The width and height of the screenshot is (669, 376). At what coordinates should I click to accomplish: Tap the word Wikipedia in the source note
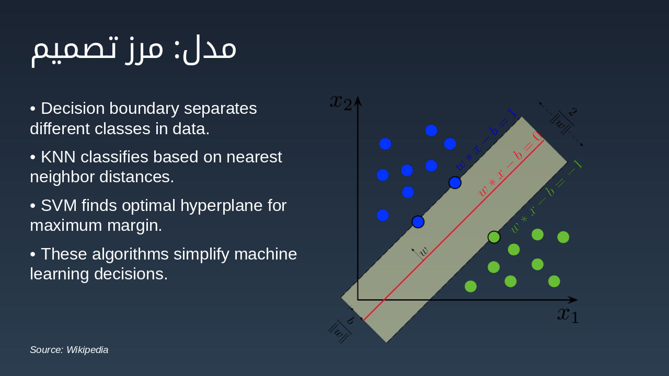tap(87, 350)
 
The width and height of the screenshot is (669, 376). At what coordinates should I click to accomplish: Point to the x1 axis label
tap(568, 315)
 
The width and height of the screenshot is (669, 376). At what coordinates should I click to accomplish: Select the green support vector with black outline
tap(494, 237)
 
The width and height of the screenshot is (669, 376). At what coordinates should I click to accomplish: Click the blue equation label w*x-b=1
tap(486, 139)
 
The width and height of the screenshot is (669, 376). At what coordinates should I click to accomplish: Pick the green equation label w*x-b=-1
tap(546, 197)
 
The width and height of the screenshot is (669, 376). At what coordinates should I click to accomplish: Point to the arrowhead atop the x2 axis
tap(358, 101)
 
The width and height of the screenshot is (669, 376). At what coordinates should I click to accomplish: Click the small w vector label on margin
tap(423, 251)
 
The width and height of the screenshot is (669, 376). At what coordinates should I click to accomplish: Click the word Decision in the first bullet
tap(73, 108)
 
